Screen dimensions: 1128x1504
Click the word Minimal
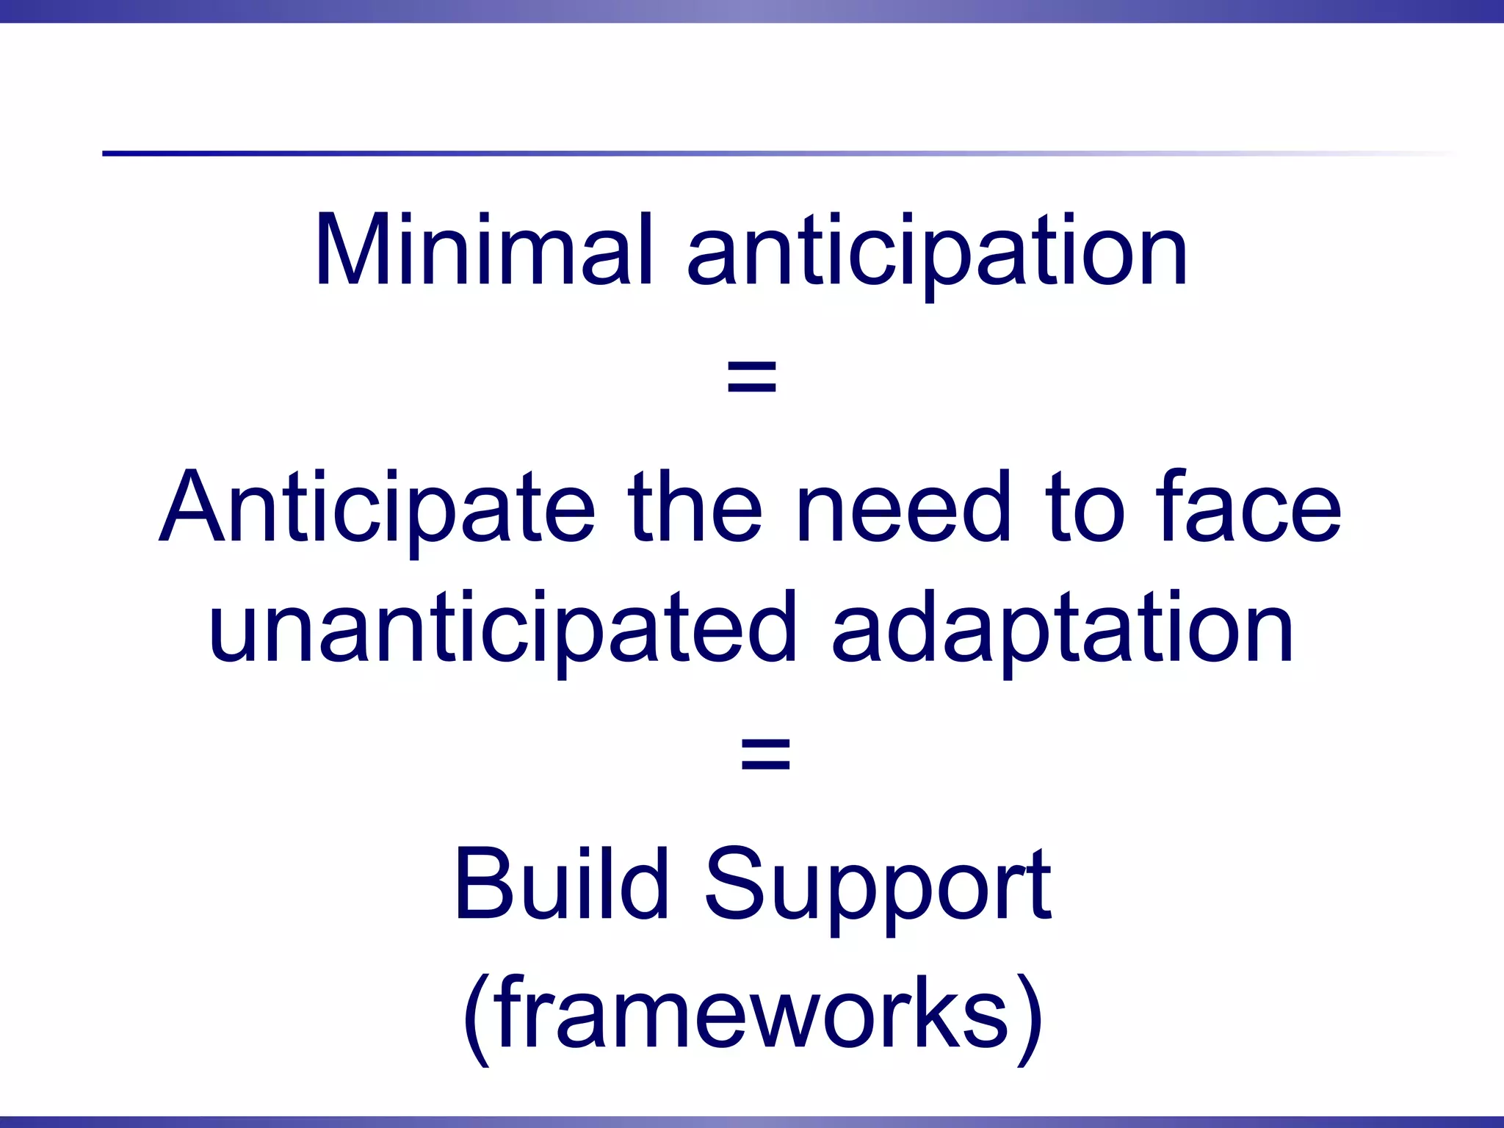pyautogui.click(x=483, y=251)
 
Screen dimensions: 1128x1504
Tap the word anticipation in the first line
pyautogui.click(x=936, y=253)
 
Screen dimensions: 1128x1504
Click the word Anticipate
pyautogui.click(x=377, y=509)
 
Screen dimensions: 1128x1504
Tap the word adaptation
pyautogui.click(x=1062, y=630)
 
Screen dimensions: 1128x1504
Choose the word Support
pyautogui.click(x=878, y=887)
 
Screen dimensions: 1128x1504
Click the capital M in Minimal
pyautogui.click(x=351, y=250)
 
